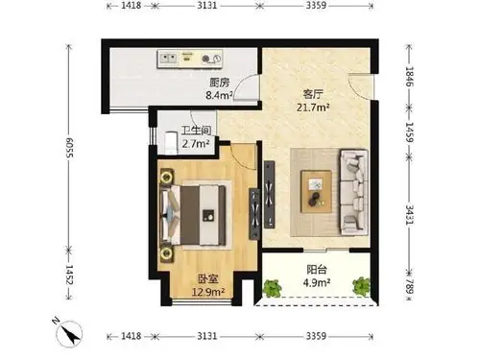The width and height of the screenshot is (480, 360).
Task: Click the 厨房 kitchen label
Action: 218,82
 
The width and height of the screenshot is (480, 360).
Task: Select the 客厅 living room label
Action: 312,94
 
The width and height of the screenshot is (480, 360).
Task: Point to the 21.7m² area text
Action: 313,108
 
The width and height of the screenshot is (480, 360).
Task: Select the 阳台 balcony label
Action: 315,270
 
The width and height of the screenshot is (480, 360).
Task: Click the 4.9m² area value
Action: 316,283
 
